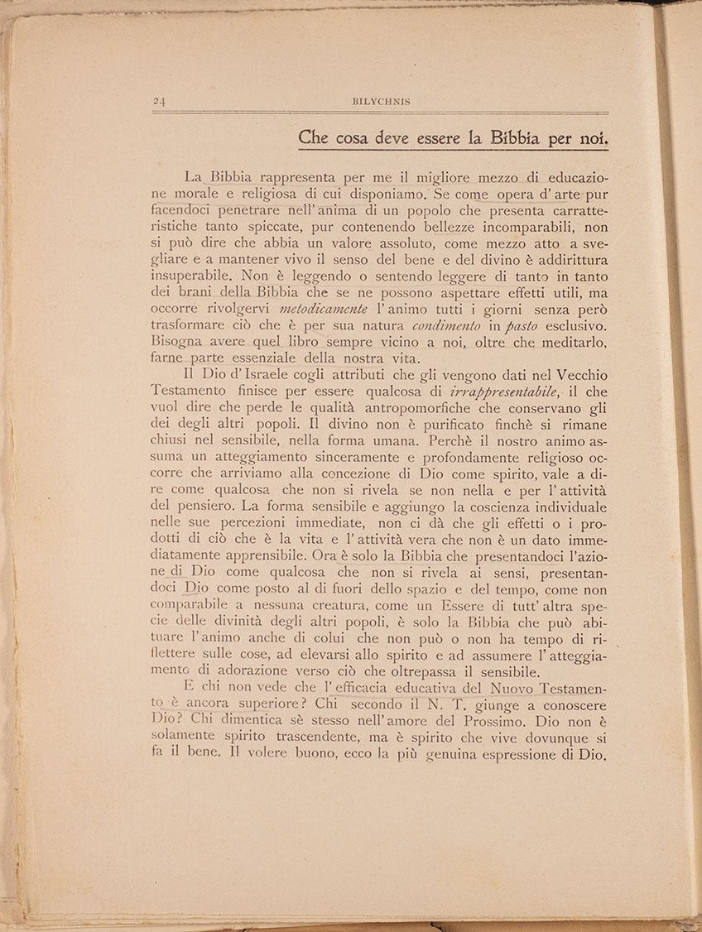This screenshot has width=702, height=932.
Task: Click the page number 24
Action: pyautogui.click(x=160, y=102)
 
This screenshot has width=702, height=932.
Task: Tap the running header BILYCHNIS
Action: pyautogui.click(x=381, y=102)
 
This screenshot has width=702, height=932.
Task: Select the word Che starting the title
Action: pyautogui.click(x=314, y=138)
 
